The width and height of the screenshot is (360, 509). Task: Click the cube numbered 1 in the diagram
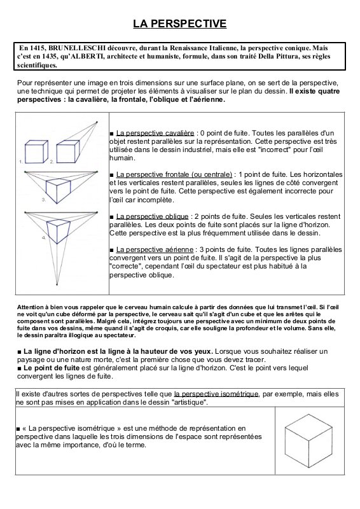point(37,151)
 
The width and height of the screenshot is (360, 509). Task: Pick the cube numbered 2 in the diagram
point(68,151)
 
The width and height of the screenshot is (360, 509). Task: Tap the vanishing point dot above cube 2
point(97,122)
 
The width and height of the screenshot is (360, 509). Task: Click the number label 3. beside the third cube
point(43,200)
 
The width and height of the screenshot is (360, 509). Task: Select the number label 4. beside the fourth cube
point(44,238)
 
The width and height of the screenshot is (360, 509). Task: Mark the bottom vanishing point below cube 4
point(57,285)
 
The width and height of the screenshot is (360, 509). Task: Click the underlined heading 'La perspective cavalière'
point(155,133)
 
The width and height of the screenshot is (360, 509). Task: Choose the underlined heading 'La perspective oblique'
point(152,216)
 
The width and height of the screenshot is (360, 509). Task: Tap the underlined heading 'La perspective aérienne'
point(155,249)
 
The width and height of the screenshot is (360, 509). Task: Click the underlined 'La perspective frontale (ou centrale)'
point(174,174)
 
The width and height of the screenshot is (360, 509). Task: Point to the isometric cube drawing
point(308,441)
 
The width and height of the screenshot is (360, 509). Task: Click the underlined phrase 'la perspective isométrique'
point(216,394)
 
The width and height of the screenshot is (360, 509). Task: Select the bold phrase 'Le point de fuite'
point(52,368)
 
